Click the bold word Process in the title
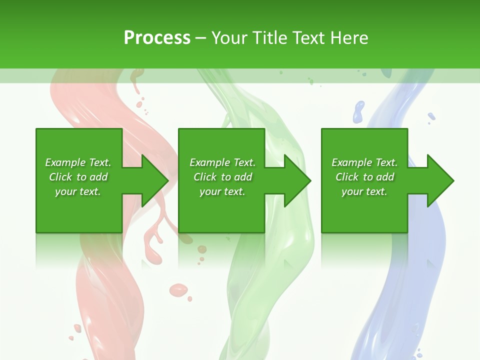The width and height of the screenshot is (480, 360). tap(157, 38)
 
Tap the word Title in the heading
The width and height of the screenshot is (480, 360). tap(268, 38)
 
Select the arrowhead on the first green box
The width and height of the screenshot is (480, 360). tap(154, 180)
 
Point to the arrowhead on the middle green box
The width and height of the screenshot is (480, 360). tap(297, 180)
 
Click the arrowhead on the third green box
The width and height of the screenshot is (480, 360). tap(439, 180)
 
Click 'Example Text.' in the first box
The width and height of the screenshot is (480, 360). tap(78, 162)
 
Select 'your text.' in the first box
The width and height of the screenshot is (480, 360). tap(78, 191)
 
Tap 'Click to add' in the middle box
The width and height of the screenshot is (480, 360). tap(222, 177)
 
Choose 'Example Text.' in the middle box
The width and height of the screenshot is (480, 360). tap(222, 162)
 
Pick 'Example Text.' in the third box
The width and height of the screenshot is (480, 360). tap(364, 162)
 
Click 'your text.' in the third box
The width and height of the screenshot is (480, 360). tap(364, 191)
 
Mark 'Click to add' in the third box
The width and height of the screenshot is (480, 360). tap(364, 177)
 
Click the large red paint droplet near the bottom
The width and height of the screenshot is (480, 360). tap(178, 289)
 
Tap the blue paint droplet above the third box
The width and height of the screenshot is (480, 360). tap(358, 111)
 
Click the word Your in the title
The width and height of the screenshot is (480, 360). tap(230, 38)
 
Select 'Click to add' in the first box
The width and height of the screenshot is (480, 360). tap(78, 177)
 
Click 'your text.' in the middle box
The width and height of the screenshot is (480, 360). tap(222, 191)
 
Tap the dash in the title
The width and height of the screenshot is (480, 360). tap(200, 38)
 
